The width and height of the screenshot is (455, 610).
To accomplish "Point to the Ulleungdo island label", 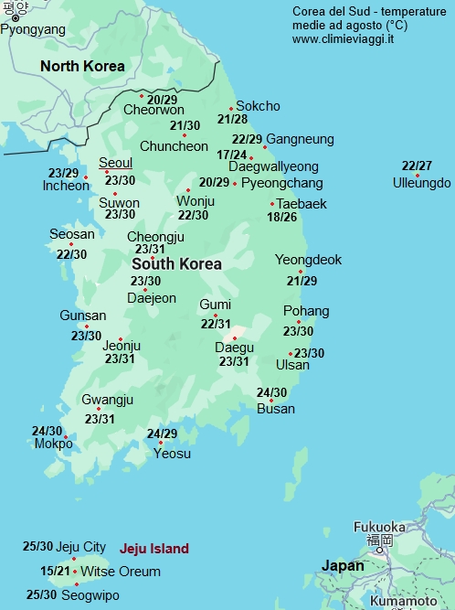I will (x=421, y=183).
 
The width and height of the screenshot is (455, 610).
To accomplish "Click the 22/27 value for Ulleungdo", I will (x=417, y=166).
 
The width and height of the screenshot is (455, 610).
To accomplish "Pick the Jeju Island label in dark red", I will (x=154, y=549).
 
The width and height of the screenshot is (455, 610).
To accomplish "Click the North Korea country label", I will (x=82, y=66).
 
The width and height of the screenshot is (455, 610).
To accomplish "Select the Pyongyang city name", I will (x=33, y=29).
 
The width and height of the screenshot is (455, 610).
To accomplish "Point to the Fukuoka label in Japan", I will (x=379, y=527).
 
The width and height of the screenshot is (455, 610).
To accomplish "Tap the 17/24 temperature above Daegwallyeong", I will (x=232, y=155).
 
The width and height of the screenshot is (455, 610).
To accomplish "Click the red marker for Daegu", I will (x=235, y=338).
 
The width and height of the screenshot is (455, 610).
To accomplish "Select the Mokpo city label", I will (x=52, y=444).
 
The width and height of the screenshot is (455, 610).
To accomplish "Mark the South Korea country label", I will (x=176, y=263).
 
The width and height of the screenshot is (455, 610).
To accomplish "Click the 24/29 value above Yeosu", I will (x=162, y=433).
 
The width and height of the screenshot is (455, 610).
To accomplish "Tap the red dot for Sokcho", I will (x=231, y=109).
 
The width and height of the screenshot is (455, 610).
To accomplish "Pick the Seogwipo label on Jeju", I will (x=90, y=594).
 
